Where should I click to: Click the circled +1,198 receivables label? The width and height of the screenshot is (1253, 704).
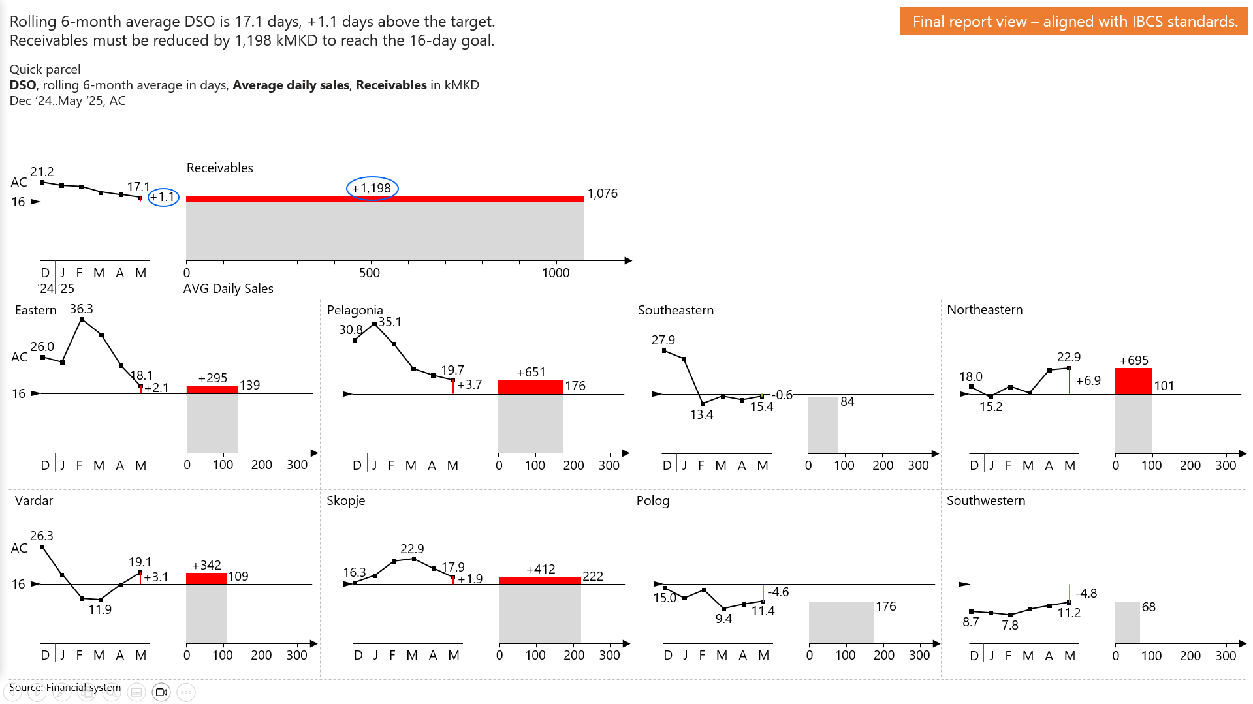click(372, 188)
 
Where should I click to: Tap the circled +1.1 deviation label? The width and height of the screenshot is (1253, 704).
click(163, 196)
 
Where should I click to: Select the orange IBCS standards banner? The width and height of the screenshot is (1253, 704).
click(1074, 22)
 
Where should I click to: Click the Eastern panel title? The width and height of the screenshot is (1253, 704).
click(36, 310)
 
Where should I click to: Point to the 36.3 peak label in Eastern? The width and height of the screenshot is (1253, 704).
click(82, 309)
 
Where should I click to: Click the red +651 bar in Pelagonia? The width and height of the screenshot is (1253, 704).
click(530, 387)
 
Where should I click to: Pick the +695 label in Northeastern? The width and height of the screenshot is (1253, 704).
click(1134, 360)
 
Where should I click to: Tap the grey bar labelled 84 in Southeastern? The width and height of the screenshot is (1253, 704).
click(823, 425)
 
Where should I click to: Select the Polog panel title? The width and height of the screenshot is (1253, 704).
click(653, 500)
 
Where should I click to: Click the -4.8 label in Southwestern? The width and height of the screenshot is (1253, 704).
click(1086, 593)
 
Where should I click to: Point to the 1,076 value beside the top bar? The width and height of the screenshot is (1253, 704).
click(602, 193)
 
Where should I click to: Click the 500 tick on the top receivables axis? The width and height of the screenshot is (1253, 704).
click(370, 273)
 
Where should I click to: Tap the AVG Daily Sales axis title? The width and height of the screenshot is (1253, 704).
click(228, 288)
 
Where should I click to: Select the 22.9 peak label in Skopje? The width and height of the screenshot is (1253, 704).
click(412, 549)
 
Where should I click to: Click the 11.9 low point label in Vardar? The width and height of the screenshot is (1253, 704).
click(100, 609)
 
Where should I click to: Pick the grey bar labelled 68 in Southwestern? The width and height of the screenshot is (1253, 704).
click(1127, 622)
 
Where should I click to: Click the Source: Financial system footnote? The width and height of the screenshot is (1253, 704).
click(65, 687)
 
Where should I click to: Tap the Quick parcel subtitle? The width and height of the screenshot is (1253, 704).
click(45, 69)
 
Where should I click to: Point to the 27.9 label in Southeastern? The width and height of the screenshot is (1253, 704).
click(663, 340)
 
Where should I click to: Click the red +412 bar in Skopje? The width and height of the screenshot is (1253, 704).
click(539, 580)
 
